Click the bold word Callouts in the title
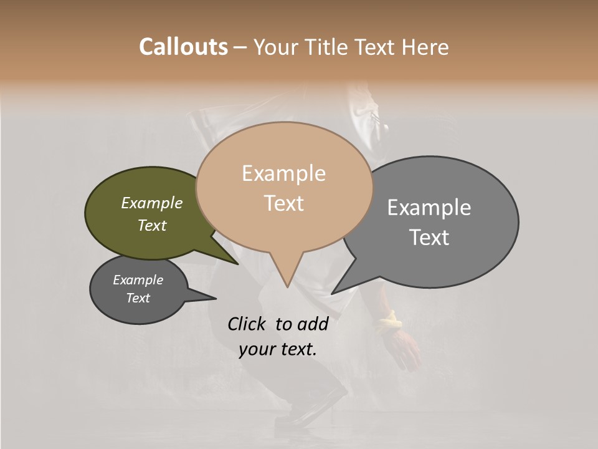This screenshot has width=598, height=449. pos(183,47)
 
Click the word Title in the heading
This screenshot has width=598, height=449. pos(330,47)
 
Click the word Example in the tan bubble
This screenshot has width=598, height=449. pos(283,173)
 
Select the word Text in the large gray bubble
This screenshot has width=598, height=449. pos(429,238)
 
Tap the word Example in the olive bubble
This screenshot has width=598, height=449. pos(152,203)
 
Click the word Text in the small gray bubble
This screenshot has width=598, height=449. pos(138,298)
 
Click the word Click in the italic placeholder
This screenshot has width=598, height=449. pos(247,324)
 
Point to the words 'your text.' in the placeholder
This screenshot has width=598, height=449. pos(277,349)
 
